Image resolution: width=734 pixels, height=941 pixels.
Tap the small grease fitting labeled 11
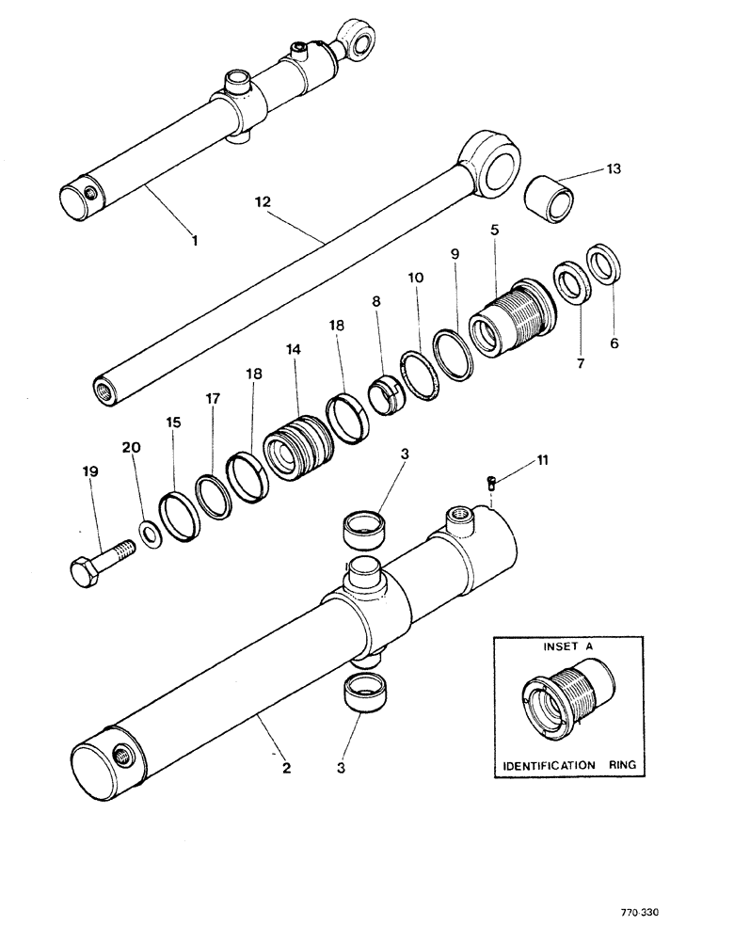pyautogui.click(x=490, y=483)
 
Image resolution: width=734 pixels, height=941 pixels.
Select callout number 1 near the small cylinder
pyautogui.click(x=194, y=241)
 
